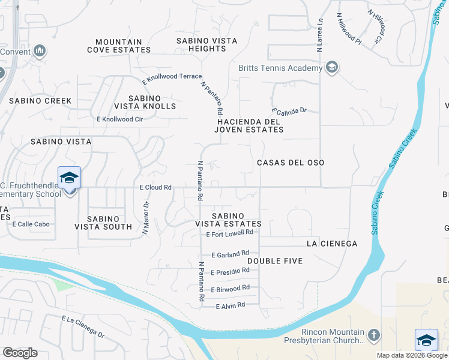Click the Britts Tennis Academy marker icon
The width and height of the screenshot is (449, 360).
click(x=331, y=68)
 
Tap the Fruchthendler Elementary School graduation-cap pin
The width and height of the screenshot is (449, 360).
click(x=69, y=178)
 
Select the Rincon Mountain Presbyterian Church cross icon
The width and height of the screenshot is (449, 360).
click(x=373, y=334)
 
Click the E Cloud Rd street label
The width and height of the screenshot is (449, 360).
click(x=155, y=187)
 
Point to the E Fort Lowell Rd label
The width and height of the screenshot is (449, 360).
click(x=229, y=233)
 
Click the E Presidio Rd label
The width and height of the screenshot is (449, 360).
click(x=229, y=272)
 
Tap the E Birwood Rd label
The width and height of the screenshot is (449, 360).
click(x=229, y=289)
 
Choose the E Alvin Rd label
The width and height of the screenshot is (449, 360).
click(x=231, y=305)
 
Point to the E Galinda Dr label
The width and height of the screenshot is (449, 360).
click(x=289, y=111)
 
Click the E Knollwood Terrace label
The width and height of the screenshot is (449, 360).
click(x=172, y=77)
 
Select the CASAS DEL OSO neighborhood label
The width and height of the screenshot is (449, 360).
click(x=291, y=163)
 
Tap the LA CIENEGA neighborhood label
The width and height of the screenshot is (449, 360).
click(x=332, y=244)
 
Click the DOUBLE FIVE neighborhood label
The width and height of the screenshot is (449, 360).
click(x=275, y=261)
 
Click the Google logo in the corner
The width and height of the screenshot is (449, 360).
click(x=20, y=353)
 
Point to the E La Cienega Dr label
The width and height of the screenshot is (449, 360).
click(x=83, y=326)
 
